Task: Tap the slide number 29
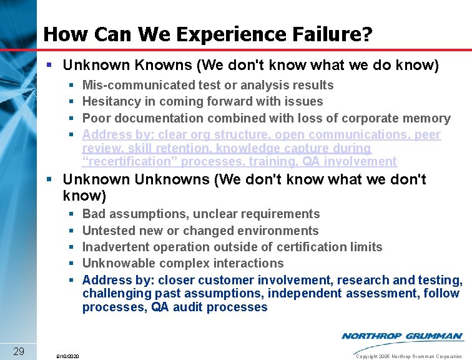coord(19,351)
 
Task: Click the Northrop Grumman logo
coord(402,336)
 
